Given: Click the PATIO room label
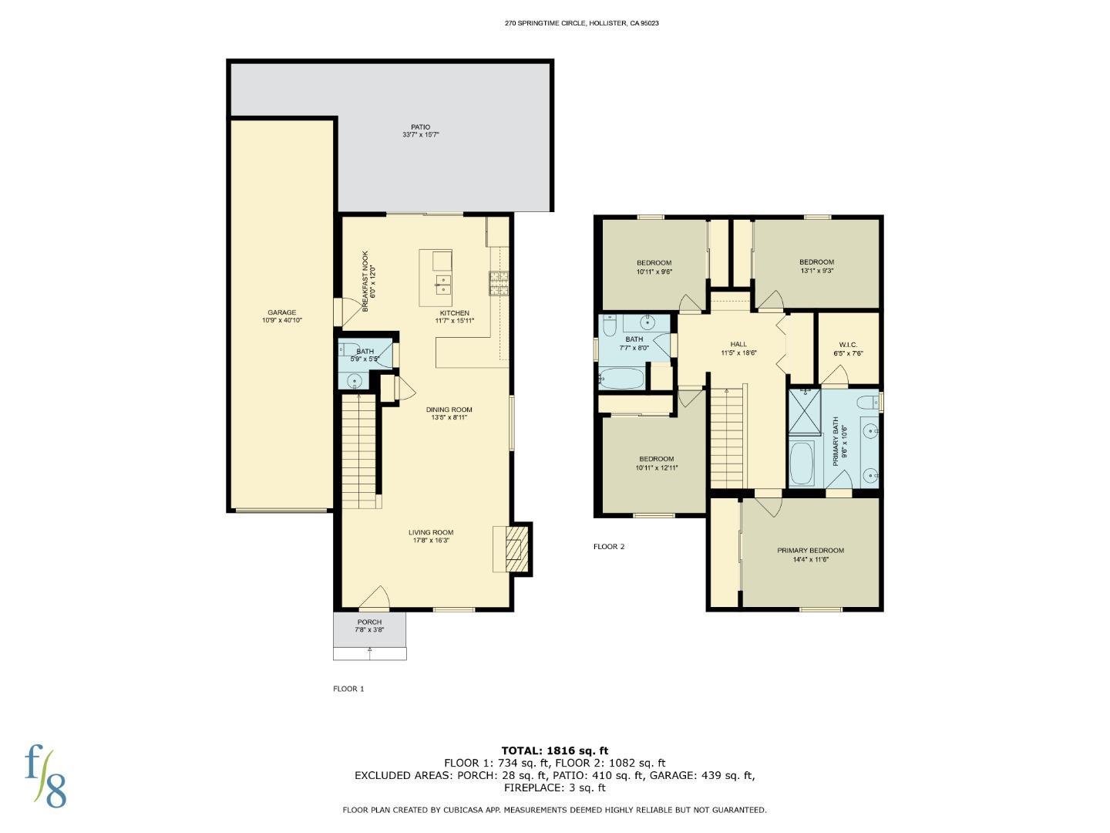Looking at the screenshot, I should tap(420, 127).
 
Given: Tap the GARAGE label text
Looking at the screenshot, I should tap(281, 312).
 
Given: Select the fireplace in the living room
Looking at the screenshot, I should tap(513, 548).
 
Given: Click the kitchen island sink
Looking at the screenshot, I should tap(442, 285).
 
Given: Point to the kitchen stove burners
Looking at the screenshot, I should tap(497, 283).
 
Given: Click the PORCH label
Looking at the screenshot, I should tap(369, 622).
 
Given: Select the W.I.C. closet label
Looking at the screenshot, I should tap(847, 345).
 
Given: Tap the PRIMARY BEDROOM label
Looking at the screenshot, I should tap(810, 551).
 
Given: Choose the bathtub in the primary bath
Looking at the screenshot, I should tap(802, 462).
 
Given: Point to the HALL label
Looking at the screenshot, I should tap(738, 344).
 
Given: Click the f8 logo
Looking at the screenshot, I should tap(45, 775).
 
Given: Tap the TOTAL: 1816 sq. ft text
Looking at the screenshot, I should tap(554, 750).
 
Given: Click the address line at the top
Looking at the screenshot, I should tap(581, 23).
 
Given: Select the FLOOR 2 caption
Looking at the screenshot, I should tap(608, 547).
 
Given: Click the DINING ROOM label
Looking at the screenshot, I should tap(449, 410).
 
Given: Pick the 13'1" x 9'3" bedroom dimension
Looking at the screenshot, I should tap(816, 271).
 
